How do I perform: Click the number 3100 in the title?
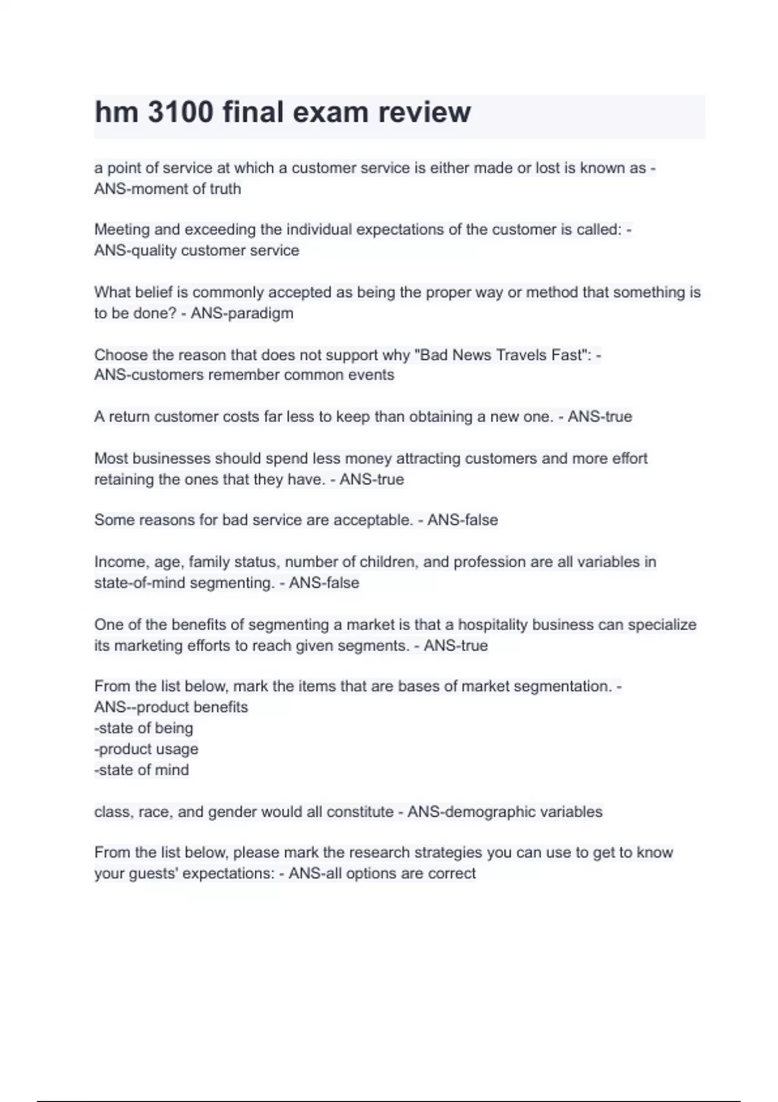181,112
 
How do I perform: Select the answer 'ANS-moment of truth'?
167,189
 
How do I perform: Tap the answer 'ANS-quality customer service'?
196,250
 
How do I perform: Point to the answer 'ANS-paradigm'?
242,313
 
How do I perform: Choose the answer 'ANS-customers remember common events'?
244,375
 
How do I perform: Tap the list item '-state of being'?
143,728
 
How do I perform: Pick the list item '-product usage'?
146,749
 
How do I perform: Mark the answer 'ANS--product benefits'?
171,707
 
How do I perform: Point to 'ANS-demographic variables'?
504,812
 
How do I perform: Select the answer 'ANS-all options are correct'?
382,873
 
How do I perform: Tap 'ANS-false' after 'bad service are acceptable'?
462,520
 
